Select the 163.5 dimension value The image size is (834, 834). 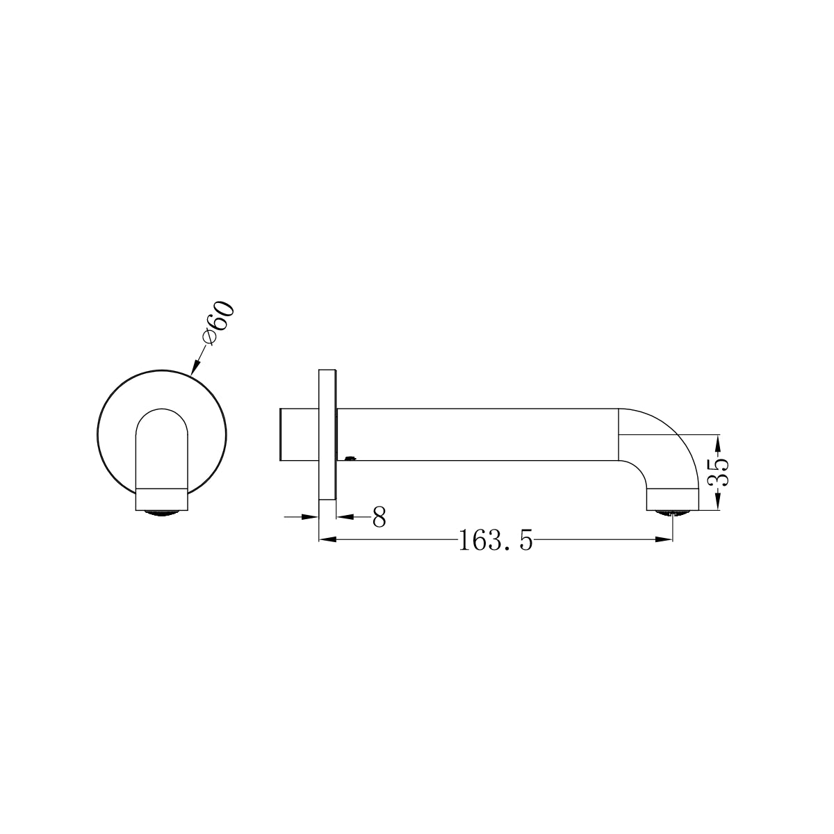(496, 540)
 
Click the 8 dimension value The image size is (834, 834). (379, 517)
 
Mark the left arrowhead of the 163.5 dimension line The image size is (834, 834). (326, 539)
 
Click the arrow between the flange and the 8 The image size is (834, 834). (345, 516)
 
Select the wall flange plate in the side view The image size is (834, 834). (327, 434)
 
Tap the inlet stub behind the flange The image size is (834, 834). (299, 434)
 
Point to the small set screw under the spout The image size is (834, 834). (350, 458)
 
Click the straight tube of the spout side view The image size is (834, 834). (480, 434)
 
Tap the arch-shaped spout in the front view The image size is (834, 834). (161, 445)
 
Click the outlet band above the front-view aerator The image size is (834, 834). (161, 498)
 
